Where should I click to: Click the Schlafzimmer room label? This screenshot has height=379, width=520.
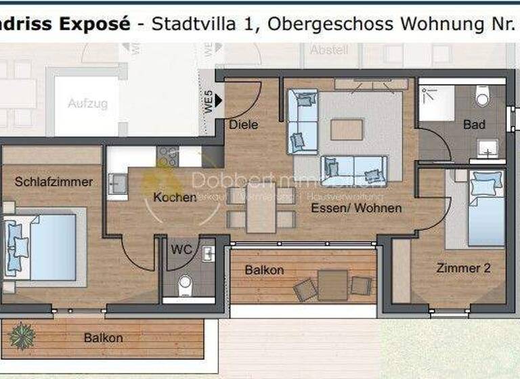53,182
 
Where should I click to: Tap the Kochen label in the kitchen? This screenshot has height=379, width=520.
175,198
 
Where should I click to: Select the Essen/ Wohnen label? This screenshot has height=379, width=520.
356,208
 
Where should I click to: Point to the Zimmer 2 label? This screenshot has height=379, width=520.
463,268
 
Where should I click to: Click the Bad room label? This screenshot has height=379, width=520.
474,125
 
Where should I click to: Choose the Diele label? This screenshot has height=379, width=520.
243,125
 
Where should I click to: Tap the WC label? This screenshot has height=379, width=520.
181,248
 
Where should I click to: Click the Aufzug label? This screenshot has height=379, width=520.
87,104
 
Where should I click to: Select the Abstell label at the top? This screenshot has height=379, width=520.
329,50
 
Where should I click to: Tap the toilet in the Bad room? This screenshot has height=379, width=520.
483,97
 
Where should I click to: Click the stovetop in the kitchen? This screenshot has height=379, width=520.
168,157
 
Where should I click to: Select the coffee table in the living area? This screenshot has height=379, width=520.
347,129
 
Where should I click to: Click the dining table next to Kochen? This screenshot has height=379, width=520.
261,207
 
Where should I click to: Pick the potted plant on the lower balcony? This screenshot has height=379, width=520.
22,335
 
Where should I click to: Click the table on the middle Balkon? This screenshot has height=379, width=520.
332,285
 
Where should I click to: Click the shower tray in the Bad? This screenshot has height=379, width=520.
437,103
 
